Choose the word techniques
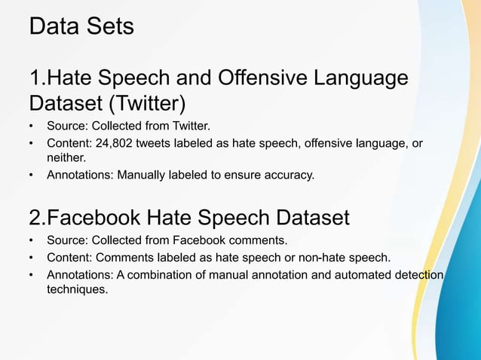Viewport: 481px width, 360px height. tap(74, 291)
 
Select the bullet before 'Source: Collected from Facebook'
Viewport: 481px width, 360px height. tap(31, 242)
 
